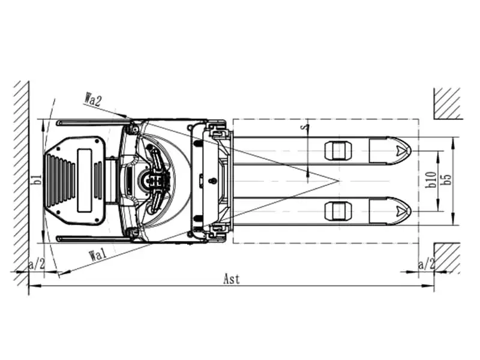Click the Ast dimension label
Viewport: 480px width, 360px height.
tap(232, 279)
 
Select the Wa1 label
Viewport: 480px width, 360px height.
tap(98, 255)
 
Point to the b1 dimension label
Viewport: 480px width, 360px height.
tap(37, 179)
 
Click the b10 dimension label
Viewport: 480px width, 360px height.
tap(431, 179)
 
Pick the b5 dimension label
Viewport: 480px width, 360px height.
tap(447, 179)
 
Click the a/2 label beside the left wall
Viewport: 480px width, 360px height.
tap(37, 264)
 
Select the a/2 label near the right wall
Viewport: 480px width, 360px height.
tap(427, 264)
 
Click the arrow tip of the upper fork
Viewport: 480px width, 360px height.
tap(411, 151)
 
